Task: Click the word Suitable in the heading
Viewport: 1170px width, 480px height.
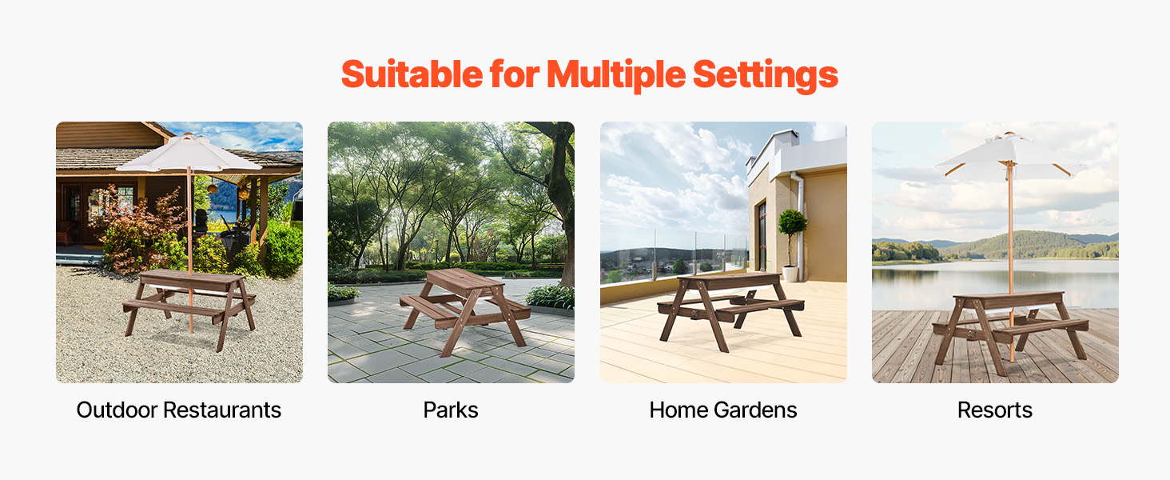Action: [412, 74]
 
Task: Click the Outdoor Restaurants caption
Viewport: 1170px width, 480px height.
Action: [179, 410]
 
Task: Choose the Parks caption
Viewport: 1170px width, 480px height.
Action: [450, 410]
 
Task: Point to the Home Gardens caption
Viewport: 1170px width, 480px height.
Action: [723, 410]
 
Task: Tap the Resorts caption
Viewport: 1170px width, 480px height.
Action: [994, 410]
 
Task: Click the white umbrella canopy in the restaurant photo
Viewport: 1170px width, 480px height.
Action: [189, 154]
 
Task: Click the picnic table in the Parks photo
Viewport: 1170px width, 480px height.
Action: [464, 309]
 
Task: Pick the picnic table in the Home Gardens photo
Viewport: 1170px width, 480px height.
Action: [730, 310]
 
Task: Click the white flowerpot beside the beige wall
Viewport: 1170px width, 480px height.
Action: [790, 274]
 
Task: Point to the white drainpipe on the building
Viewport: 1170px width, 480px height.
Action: [798, 225]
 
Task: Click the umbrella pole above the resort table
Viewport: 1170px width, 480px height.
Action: [1011, 230]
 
